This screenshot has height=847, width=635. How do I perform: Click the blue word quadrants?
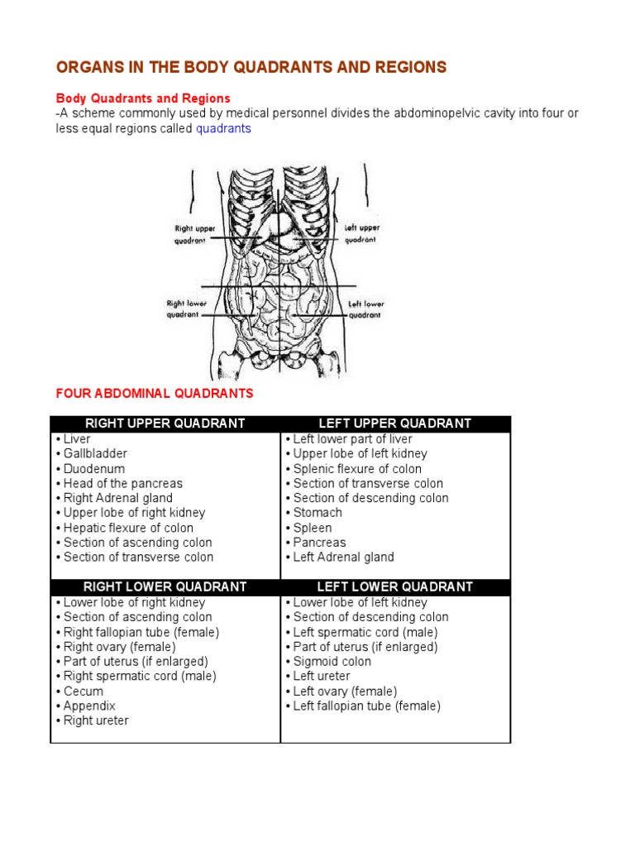pyautogui.click(x=223, y=128)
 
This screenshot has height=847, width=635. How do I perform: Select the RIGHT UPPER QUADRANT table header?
pyautogui.click(x=165, y=423)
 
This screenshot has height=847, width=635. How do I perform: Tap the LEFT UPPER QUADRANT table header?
pyautogui.click(x=395, y=423)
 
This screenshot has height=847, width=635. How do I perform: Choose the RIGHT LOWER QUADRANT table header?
pyautogui.click(x=165, y=586)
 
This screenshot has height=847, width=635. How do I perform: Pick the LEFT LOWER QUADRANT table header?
pyautogui.click(x=395, y=586)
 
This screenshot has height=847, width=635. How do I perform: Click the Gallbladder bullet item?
pyautogui.click(x=95, y=453)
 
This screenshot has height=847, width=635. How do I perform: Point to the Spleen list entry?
pyautogui.click(x=312, y=528)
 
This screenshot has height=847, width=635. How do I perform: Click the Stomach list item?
pyautogui.click(x=317, y=513)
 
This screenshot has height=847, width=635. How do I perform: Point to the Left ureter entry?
pyautogui.click(x=321, y=676)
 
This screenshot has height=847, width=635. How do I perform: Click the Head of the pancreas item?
pyautogui.click(x=122, y=483)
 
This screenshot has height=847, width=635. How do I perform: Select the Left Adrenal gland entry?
pyautogui.click(x=343, y=557)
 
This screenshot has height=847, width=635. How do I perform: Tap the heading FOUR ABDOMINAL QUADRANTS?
pyautogui.click(x=154, y=393)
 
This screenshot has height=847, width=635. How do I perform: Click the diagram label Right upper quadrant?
pyautogui.click(x=195, y=234)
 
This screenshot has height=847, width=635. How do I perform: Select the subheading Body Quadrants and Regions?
pyautogui.click(x=142, y=98)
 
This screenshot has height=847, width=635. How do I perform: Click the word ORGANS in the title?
pyautogui.click(x=88, y=67)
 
